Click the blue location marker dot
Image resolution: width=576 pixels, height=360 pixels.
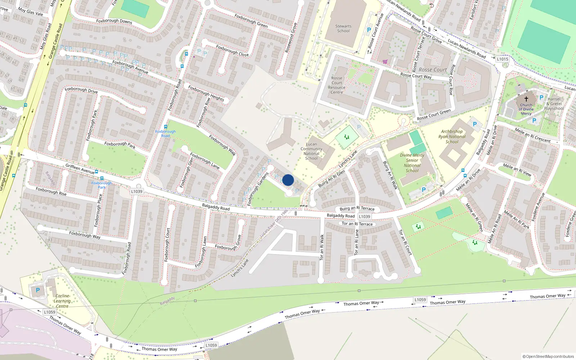[x=288, y=180]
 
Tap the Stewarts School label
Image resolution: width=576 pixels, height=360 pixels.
[x=343, y=28]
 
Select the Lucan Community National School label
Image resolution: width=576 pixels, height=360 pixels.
[x=311, y=151]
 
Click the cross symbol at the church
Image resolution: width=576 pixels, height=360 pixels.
[x=526, y=99]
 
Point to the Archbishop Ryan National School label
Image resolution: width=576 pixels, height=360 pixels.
[x=452, y=136]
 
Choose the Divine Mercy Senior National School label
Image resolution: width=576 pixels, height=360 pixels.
[x=412, y=163]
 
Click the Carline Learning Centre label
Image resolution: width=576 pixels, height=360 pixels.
[x=62, y=301]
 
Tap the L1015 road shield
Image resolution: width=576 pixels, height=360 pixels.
[x=503, y=59]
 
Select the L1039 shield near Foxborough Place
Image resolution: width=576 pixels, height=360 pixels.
[x=137, y=192]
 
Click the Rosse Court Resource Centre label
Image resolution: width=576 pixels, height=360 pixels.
[x=337, y=85]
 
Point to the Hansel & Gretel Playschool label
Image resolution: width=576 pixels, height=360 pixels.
[x=554, y=104]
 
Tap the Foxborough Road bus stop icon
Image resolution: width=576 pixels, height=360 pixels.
[x=166, y=127]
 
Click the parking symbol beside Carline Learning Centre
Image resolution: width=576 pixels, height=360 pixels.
[x=38, y=290]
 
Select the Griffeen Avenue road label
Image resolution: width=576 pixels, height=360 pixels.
[x=80, y=168]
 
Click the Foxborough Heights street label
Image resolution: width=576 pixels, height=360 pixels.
[x=206, y=93]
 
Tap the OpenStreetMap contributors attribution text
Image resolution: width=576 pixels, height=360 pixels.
[x=548, y=356]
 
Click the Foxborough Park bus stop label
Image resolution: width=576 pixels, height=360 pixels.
[x=102, y=185]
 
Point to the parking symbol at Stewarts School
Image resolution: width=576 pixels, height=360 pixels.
[x=369, y=30]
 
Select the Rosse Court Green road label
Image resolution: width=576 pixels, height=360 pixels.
[x=433, y=115]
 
